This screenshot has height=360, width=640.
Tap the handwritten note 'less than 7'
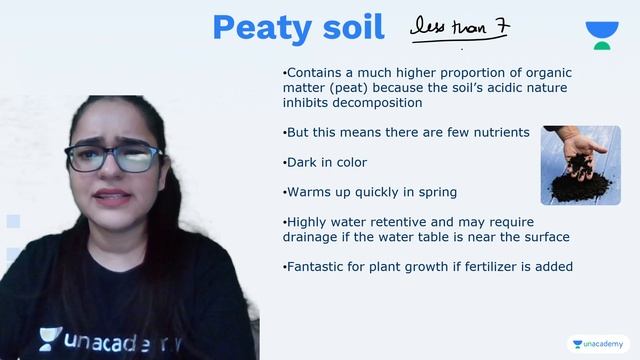point(457,28)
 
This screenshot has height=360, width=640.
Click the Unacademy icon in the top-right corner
point(601,35)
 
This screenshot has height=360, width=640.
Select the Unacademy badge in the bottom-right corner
point(598,344)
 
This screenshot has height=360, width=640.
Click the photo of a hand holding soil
point(581,165)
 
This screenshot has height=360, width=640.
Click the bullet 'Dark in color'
point(325,162)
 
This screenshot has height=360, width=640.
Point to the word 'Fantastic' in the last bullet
point(318,267)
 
